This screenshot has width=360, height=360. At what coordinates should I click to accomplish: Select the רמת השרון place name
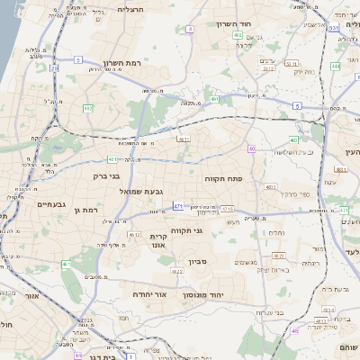click(123, 63)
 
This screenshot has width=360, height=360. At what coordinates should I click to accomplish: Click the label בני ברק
click(106, 176)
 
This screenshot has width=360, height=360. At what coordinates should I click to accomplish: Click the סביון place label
click(198, 263)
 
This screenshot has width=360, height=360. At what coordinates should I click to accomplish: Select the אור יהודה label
click(145, 294)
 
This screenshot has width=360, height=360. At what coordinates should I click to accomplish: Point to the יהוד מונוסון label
click(202, 294)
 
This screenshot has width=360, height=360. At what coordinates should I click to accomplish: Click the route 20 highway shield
click(54, 67)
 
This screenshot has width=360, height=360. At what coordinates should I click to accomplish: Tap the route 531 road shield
click(333, 28)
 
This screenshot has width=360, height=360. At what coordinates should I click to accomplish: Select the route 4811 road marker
click(184, 139)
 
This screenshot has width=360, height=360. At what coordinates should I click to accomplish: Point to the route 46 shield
click(293, 330)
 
